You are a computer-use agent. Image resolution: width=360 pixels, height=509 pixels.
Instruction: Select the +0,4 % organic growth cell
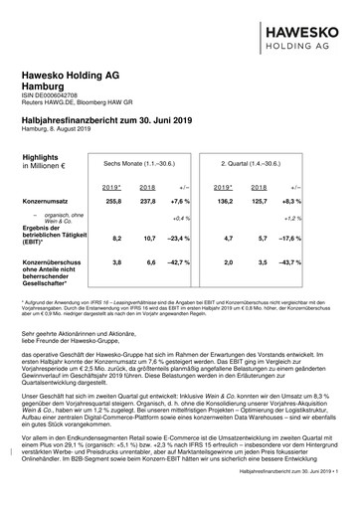coord(180,217)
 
